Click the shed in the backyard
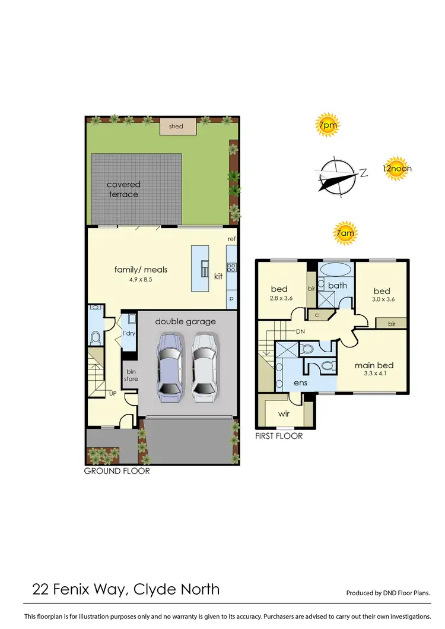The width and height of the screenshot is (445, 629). (x=176, y=126)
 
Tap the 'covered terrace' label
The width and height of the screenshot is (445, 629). (x=123, y=189)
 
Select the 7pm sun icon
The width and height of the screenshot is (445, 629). (x=325, y=125)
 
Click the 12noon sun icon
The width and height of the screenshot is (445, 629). (x=397, y=168)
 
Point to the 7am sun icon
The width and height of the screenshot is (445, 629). (x=345, y=234)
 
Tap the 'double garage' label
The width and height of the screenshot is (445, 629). (x=186, y=321)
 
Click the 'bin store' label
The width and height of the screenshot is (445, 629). (x=131, y=375)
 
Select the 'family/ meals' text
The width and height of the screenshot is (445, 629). (x=141, y=270)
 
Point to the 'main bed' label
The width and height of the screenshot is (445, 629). (x=374, y=365)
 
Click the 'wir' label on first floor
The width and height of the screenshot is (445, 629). (x=284, y=413)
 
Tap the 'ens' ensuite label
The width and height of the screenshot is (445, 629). (x=301, y=383)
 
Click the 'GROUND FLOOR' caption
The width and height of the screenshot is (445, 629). (x=117, y=471)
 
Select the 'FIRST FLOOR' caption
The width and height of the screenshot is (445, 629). (x=279, y=436)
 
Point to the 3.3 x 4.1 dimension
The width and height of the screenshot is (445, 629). (x=374, y=375)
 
